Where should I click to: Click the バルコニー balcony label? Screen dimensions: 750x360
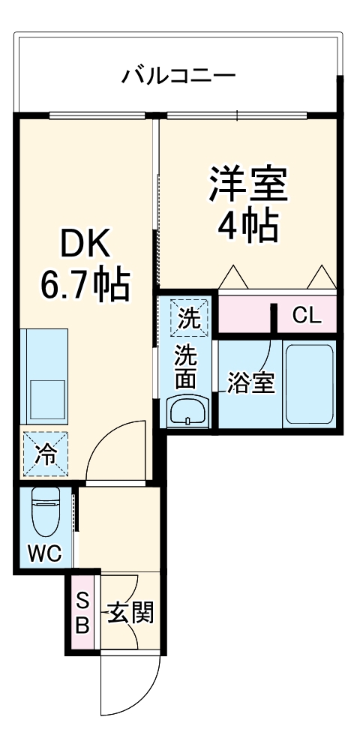tap(179, 76)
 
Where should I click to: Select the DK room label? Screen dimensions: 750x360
tap(85, 244)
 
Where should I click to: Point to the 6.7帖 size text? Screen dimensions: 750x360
tap(85, 284)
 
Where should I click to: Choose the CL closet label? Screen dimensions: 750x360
tap(306, 316)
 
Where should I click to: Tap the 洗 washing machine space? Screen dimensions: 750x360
tap(187, 317)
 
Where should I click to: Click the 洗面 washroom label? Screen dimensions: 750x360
tap(186, 367)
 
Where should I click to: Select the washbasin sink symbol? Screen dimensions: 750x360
tap(186, 411)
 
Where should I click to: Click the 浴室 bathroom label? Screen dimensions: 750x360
tap(250, 383)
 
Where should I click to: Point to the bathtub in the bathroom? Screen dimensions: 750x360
tap(310, 384)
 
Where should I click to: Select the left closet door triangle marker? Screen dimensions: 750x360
tap(232, 277)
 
